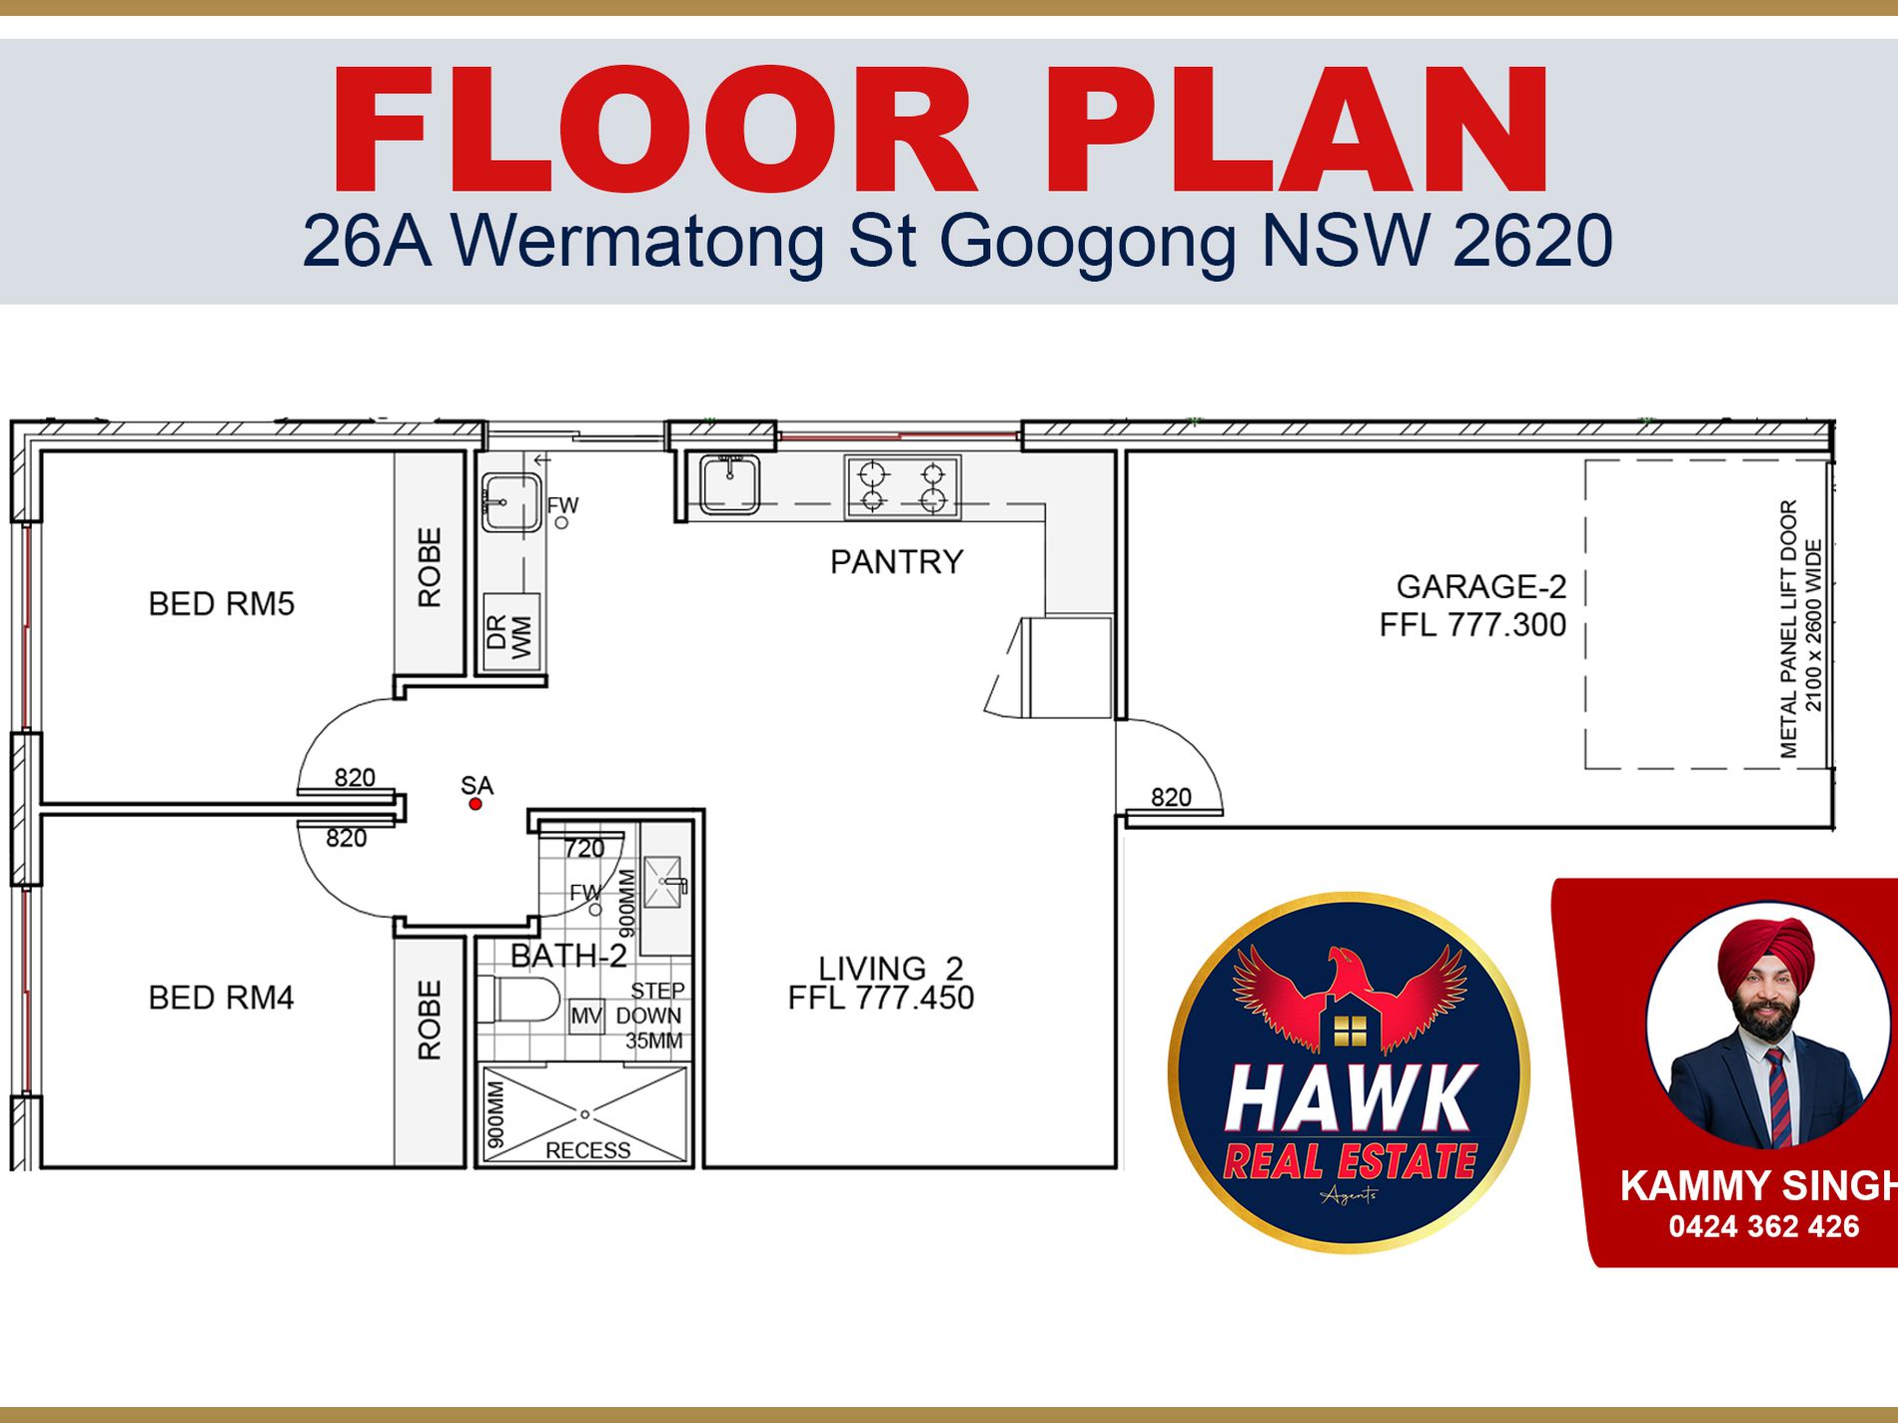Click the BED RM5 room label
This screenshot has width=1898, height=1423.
(221, 604)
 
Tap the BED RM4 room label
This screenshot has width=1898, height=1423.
(221, 998)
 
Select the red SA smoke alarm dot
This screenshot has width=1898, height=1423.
(475, 804)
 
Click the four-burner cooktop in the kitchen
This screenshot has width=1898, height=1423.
(903, 486)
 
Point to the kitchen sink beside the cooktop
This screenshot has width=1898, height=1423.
(729, 484)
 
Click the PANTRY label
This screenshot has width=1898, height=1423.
(896, 562)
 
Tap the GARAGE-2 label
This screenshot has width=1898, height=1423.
(1480, 586)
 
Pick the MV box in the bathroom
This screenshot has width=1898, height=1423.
(586, 1017)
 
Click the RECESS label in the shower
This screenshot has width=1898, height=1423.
(587, 1150)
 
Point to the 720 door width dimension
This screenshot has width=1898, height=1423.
(584, 849)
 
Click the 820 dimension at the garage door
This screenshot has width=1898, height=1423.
(1171, 797)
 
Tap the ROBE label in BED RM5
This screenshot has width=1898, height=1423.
(429, 567)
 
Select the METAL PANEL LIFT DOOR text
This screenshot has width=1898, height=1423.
(1788, 629)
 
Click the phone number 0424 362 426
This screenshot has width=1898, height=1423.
(1764, 1226)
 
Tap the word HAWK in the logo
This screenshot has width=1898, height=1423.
(1350, 1098)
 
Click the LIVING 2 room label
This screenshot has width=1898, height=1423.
(891, 968)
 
